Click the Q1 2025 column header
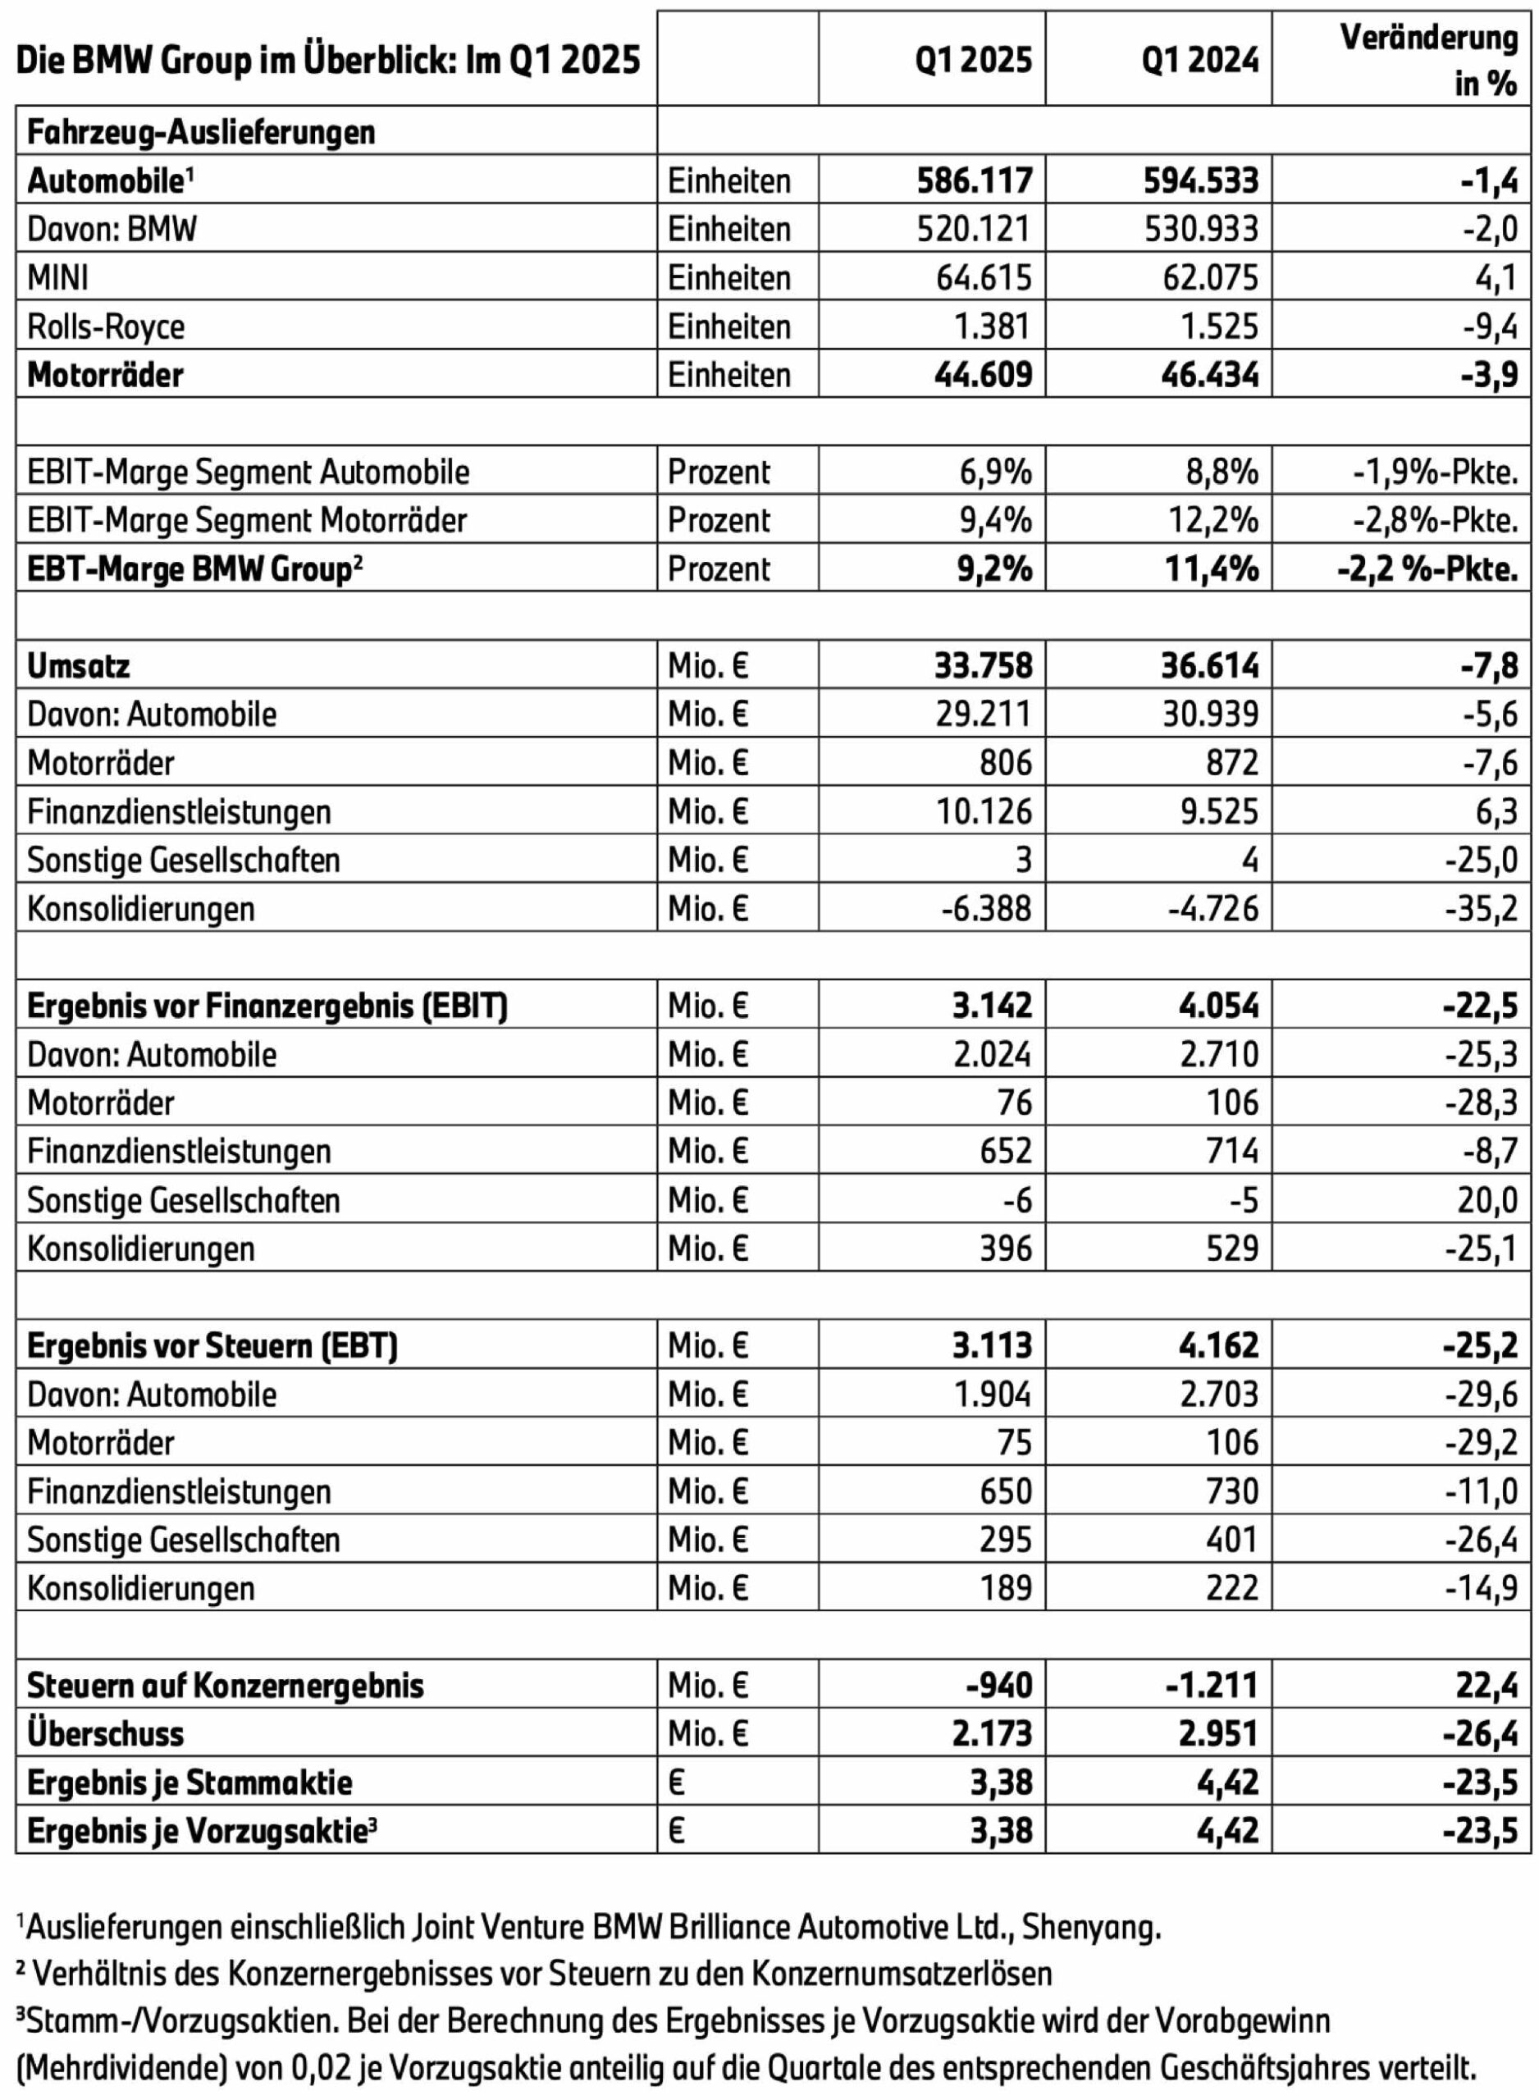[x=974, y=60]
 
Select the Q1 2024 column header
[x=1200, y=60]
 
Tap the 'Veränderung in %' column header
[x=1428, y=60]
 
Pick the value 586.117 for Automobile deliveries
[x=975, y=180]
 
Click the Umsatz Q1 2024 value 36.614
[x=1202, y=666]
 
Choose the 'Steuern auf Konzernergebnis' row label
[x=226, y=1686]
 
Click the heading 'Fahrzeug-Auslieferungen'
[x=201, y=132]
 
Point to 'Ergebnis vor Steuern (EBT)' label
[x=212, y=1345]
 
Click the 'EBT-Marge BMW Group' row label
[x=194, y=569]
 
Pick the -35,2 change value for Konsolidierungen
[x=1482, y=908]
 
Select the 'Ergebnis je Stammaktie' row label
[x=190, y=1783]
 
